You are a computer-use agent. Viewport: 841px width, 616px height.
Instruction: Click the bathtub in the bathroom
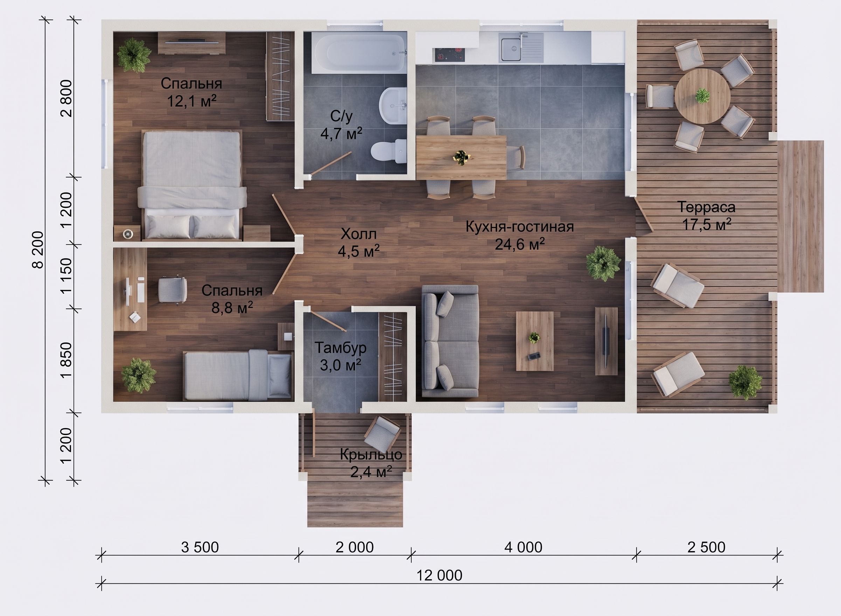[x=360, y=53]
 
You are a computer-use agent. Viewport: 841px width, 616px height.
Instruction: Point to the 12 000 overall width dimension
[x=439, y=576]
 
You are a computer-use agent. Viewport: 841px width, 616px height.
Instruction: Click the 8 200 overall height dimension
[x=38, y=250]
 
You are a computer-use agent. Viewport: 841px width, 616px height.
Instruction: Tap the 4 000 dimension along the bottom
[x=523, y=547]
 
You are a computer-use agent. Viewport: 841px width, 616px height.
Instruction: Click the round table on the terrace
[x=702, y=96]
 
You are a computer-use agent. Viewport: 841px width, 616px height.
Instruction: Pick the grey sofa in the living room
[x=450, y=341]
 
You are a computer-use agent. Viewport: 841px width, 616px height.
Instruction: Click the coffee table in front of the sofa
[x=534, y=341]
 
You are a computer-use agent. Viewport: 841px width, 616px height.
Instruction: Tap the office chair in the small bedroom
[x=173, y=290]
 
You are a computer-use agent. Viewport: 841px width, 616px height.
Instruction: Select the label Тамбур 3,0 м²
[x=341, y=356]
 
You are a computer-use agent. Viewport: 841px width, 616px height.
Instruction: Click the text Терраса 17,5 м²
[x=706, y=216]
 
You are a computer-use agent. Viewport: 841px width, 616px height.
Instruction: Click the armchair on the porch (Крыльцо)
[x=382, y=433]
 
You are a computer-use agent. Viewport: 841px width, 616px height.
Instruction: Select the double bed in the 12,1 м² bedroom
[x=192, y=184]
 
